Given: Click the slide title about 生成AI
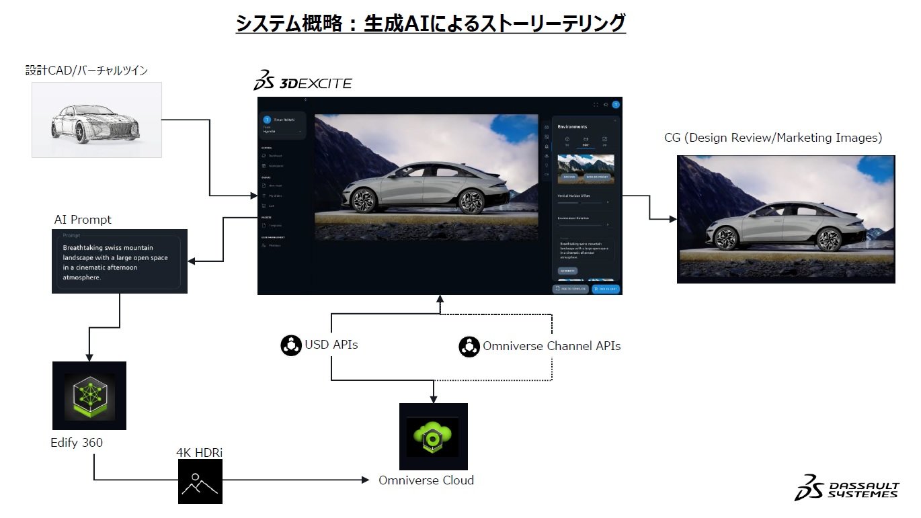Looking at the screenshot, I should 430,24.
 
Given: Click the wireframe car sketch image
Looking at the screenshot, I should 97,120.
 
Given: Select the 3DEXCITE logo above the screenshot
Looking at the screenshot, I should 303,82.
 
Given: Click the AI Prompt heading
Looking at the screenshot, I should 83,220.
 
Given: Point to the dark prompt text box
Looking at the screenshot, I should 119,262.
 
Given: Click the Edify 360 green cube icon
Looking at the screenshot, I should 89,396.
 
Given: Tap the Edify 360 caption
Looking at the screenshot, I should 77,443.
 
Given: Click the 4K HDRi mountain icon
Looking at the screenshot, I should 200,482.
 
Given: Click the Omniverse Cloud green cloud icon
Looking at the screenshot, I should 433,436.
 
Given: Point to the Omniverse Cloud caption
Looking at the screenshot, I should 426,480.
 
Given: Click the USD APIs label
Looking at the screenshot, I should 331,345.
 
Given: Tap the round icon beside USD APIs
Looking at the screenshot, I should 291,345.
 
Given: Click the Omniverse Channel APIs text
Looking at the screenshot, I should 551,347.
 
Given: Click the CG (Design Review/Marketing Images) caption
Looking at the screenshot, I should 772,138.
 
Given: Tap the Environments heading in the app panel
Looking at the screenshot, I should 572,126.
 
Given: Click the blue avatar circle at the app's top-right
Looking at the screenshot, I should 616,105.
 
